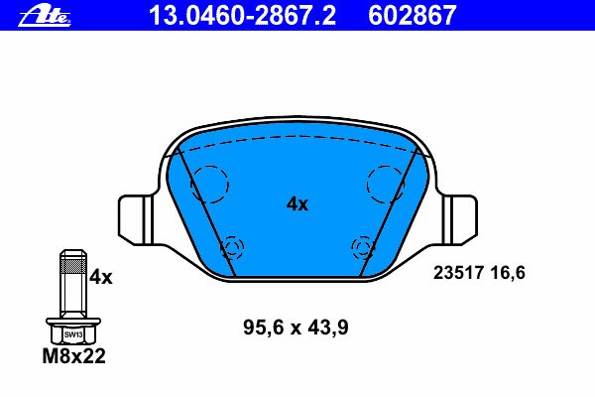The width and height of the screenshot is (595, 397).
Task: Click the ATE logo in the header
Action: (x=45, y=15)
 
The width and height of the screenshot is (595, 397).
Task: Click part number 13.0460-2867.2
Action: (x=242, y=16)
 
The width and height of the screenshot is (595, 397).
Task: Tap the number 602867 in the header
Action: (x=413, y=16)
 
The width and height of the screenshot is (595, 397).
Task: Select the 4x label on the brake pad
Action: (x=297, y=204)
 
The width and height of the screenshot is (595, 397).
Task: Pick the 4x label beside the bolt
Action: (x=100, y=277)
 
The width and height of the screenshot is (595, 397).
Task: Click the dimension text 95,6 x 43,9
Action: (x=296, y=328)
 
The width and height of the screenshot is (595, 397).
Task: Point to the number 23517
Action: (x=458, y=273)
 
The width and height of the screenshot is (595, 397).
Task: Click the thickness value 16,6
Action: (x=508, y=273)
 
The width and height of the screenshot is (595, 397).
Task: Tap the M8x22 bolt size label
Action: (x=73, y=356)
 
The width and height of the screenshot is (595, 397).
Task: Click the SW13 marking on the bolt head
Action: (x=73, y=334)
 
